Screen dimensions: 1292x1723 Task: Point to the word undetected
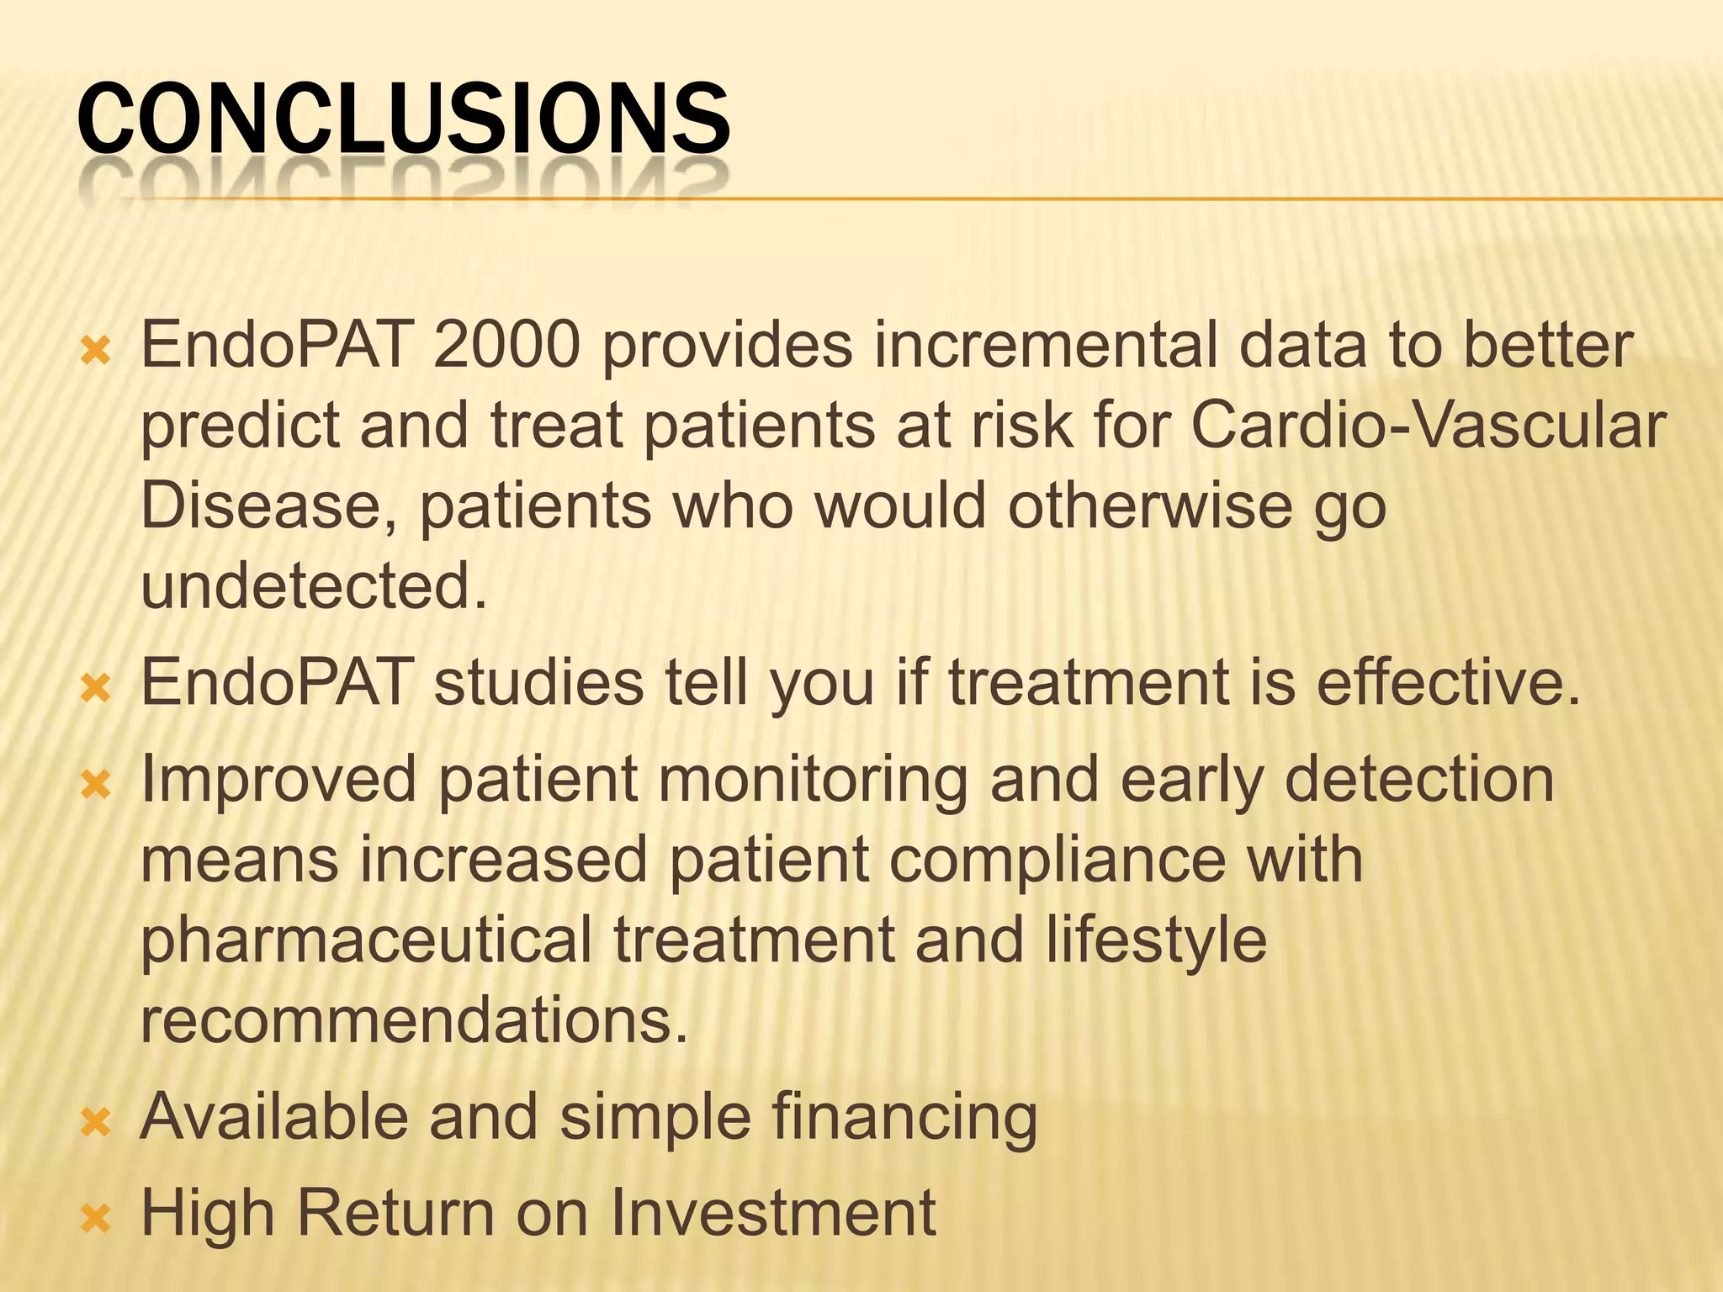[x=313, y=586]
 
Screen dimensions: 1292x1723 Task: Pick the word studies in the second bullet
[x=538, y=682]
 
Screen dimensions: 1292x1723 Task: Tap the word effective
[x=1447, y=682]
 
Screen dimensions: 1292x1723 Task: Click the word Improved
[x=278, y=779]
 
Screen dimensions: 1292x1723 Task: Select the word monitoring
[x=812, y=779]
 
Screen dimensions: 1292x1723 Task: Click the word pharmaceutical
[x=366, y=940]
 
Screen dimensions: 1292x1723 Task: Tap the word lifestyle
[x=1156, y=940]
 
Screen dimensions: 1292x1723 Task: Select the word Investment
[x=772, y=1213]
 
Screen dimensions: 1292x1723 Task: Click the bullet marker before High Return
[x=96, y=1217]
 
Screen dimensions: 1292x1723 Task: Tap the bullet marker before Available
[x=96, y=1121]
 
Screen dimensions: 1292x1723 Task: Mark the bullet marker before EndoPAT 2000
[x=96, y=350]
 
